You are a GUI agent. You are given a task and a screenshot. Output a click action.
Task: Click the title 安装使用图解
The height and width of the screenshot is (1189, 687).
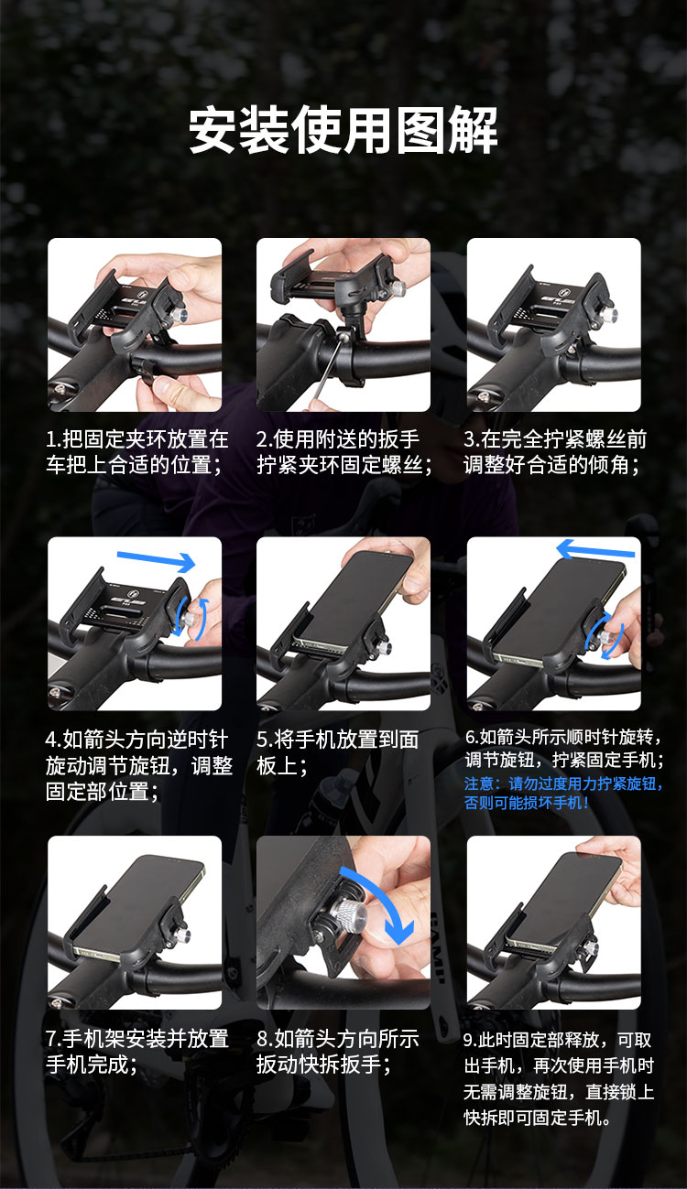(x=343, y=129)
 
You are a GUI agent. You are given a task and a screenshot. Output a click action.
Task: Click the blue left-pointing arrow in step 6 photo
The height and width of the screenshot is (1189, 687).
(x=595, y=550)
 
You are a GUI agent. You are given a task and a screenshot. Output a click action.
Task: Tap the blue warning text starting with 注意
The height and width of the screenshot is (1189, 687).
(x=563, y=793)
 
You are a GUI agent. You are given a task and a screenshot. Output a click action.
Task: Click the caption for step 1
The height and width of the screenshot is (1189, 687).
(x=137, y=452)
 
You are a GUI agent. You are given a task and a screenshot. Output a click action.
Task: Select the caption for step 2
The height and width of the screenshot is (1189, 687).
(x=344, y=452)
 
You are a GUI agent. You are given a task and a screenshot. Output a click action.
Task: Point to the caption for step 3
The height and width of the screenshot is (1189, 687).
(x=555, y=452)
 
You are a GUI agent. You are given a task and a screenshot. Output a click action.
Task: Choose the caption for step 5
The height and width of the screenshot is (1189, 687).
(x=337, y=752)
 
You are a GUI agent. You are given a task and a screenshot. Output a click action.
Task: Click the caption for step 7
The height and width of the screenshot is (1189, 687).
(x=137, y=1052)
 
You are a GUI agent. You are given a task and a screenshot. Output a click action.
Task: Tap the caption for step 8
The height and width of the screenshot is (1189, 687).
(x=338, y=1052)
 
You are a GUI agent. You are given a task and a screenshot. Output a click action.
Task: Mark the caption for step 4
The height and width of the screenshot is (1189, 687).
(x=139, y=765)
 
